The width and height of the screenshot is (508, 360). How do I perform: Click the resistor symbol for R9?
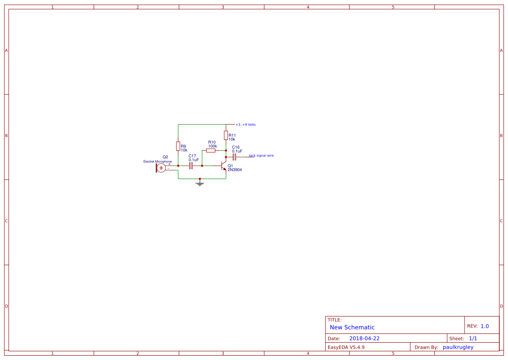tap(178, 146)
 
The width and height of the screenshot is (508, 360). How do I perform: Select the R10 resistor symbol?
tap(211, 150)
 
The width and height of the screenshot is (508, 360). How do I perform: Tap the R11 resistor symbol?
tap(226, 135)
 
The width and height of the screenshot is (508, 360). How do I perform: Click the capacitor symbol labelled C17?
tap(191, 166)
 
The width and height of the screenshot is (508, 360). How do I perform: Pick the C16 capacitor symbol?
tap(234, 157)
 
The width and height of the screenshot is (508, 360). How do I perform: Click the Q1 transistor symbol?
tap(223, 166)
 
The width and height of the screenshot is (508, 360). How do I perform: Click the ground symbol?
tap(199, 183)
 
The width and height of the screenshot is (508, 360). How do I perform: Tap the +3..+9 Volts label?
tap(246, 125)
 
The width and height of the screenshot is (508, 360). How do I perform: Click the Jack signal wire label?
tap(261, 155)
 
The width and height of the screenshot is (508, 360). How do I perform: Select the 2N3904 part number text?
tap(235, 170)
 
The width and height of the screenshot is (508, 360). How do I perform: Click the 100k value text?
tap(212, 146)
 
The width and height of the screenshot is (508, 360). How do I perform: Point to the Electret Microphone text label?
tap(157, 162)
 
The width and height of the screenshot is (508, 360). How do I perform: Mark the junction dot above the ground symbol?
tap(199, 179)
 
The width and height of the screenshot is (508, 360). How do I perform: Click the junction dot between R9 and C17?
tap(178, 166)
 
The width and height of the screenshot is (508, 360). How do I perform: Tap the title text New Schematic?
tap(352, 327)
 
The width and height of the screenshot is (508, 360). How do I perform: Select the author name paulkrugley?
tap(458, 347)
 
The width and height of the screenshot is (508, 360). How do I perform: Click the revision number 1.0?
tap(485, 326)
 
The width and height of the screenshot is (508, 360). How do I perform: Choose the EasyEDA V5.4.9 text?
tap(346, 347)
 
